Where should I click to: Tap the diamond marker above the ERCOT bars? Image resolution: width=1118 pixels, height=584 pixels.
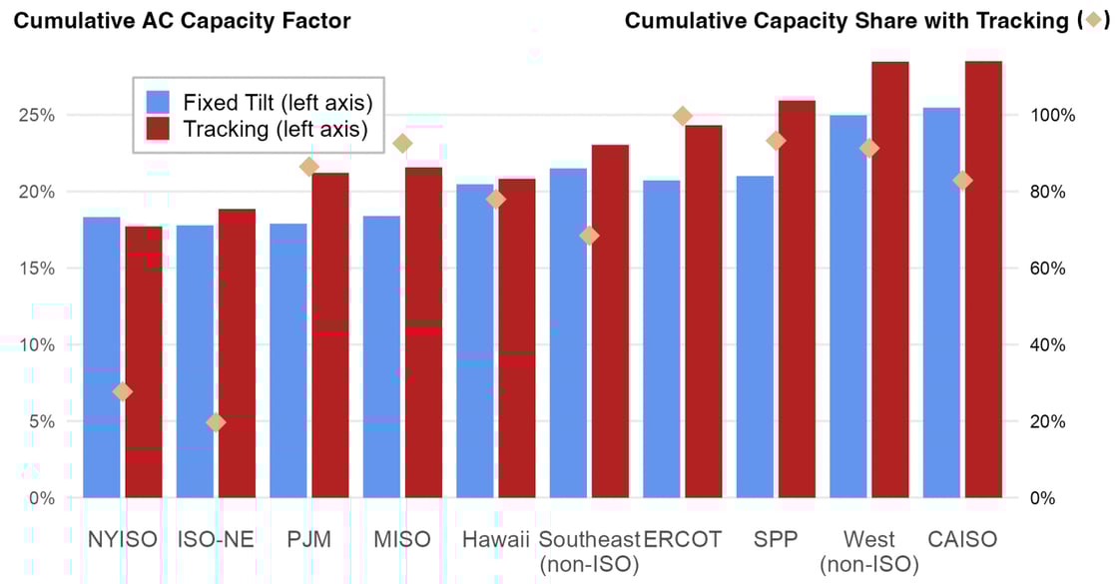tap(683, 117)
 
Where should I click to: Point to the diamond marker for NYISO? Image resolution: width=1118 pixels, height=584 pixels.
tap(122, 391)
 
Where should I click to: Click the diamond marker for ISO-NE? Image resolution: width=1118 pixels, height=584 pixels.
tap(216, 422)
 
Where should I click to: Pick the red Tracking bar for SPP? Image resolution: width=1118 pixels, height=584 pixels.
tap(797, 299)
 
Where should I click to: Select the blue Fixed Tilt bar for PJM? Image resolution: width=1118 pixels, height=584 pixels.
tap(288, 360)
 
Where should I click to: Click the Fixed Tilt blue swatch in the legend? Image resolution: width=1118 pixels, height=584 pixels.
tap(159, 102)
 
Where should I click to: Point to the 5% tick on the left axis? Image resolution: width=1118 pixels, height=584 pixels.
tap(37, 421)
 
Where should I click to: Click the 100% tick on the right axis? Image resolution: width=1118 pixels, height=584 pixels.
tap(1052, 115)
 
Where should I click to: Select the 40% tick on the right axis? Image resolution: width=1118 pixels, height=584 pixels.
tap(1048, 344)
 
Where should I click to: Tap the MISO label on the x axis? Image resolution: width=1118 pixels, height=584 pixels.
tap(402, 540)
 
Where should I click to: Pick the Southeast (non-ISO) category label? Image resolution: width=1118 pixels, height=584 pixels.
tap(589, 552)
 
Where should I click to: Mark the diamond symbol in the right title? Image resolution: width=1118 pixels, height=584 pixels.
tap(1094, 21)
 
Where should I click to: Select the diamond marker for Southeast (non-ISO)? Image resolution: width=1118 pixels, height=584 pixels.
tap(589, 236)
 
